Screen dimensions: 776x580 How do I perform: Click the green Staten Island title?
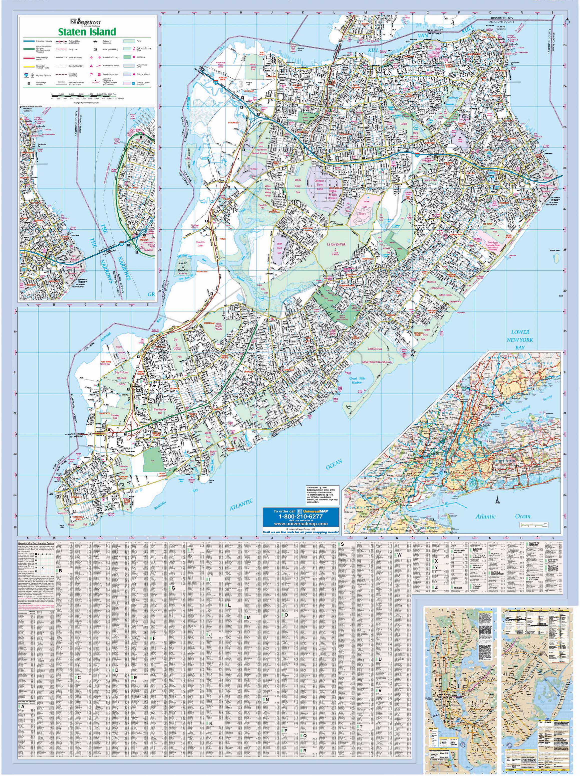[87, 32]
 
